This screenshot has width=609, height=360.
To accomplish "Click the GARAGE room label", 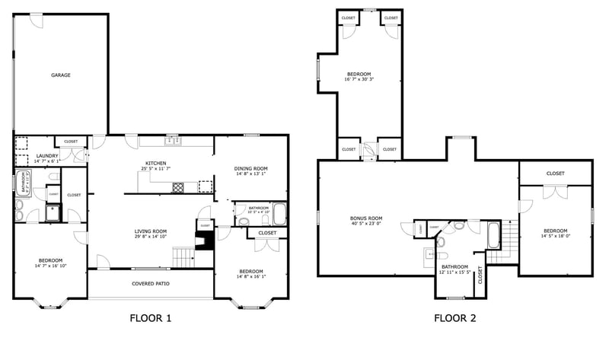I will point(61,75).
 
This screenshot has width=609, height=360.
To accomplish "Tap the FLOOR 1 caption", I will point(150,318).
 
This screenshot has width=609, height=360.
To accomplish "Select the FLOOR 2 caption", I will point(454,318).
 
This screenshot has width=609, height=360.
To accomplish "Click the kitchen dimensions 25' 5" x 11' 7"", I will point(156,168).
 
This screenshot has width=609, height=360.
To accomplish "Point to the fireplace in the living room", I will point(204,242).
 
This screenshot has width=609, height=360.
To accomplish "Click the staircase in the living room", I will point(183,257).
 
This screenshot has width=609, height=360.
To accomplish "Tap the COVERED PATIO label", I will point(150,284).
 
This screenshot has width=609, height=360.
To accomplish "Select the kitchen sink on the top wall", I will point(173,141).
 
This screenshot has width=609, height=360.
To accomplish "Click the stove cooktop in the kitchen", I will point(179,186).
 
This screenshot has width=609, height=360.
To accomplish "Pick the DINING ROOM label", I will point(250,168).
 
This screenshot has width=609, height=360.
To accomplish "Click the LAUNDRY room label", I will point(47,156).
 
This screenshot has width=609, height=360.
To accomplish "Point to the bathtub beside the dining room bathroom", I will point(279,214).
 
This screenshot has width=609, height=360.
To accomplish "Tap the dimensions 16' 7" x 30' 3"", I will point(359,79).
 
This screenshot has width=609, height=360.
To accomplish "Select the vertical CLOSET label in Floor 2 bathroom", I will point(480,275).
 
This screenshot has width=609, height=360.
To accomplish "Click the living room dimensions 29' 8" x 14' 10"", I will point(151,237).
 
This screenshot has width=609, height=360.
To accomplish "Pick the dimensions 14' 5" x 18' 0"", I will point(555,236).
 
